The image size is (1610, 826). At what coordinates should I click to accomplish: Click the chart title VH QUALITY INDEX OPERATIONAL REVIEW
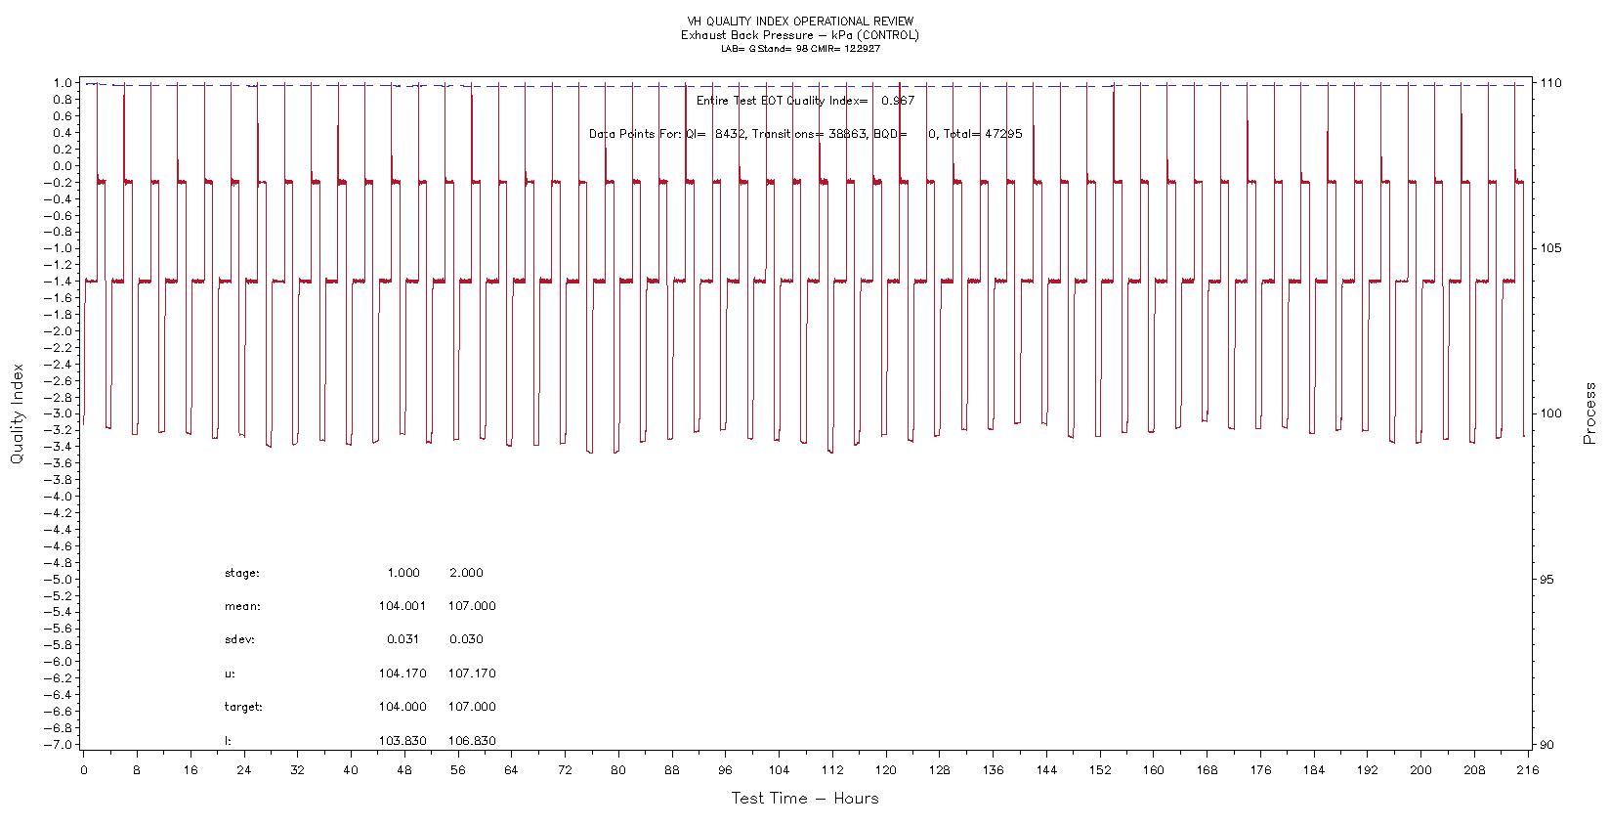[800, 22]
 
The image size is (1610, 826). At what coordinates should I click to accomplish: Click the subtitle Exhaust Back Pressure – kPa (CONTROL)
[800, 35]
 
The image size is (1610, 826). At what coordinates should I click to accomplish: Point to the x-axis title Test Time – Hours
[804, 799]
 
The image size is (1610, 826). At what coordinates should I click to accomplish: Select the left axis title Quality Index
[17, 413]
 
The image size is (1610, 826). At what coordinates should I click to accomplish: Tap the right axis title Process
[1590, 413]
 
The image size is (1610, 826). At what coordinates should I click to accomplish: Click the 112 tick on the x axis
[831, 769]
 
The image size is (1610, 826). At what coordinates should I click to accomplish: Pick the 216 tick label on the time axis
[1526, 769]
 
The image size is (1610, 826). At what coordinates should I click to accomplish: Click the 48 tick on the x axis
[403, 769]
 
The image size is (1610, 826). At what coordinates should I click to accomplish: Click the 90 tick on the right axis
[1546, 745]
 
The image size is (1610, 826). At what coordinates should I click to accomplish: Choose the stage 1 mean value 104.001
[402, 606]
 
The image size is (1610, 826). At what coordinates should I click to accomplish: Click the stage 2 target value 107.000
[472, 707]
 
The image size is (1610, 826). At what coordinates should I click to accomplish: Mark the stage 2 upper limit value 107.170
[472, 674]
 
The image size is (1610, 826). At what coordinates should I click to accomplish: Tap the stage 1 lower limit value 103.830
[402, 741]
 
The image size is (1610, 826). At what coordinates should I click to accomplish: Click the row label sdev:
[239, 639]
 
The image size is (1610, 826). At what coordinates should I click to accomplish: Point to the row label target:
[243, 707]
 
